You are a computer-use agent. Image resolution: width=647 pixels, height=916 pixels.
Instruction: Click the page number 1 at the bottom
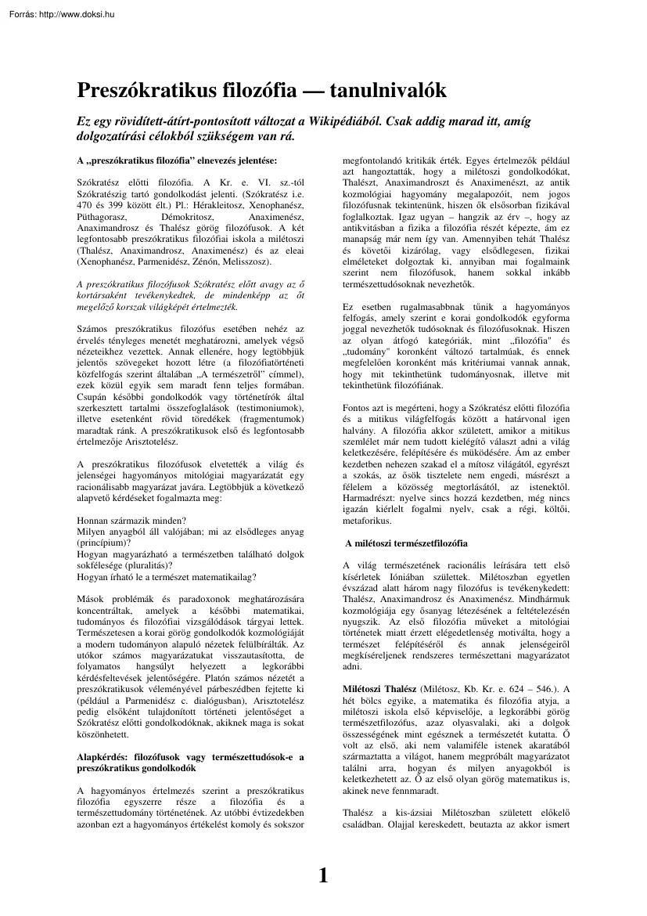pyautogui.click(x=323, y=876)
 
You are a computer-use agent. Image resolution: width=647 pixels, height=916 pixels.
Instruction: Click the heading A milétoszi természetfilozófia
pyautogui.click(x=406, y=543)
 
